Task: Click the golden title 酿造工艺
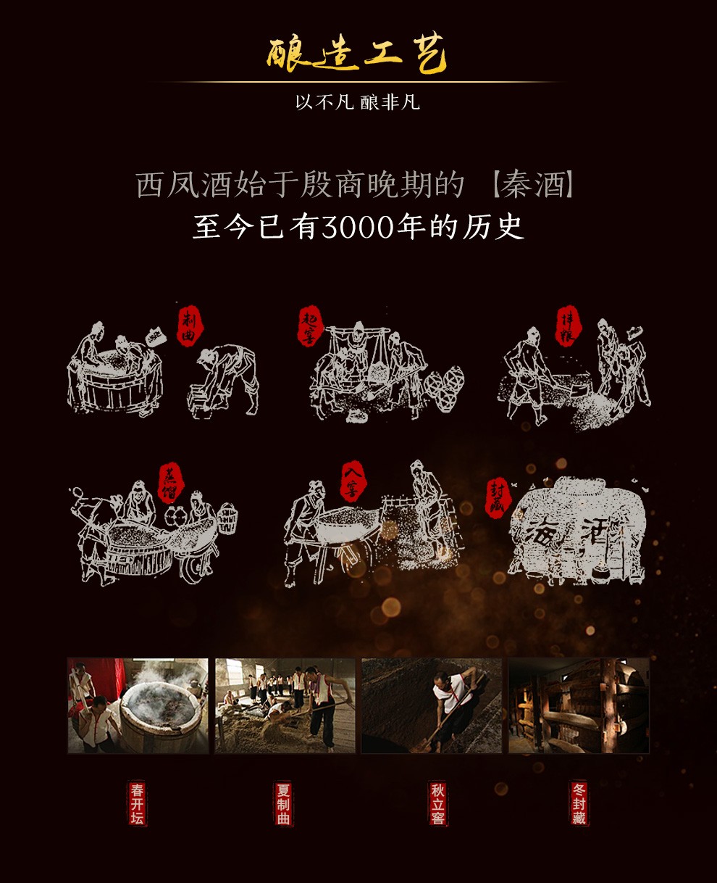pyautogui.click(x=357, y=57)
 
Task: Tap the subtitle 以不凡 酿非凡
pyautogui.click(x=357, y=102)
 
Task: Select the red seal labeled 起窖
pyautogui.click(x=309, y=326)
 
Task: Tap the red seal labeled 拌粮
pyautogui.click(x=566, y=326)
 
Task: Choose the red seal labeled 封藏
pyautogui.click(x=498, y=499)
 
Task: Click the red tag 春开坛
pyautogui.click(x=137, y=803)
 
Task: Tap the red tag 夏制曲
pyautogui.click(x=283, y=803)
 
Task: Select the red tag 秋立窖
pyautogui.click(x=437, y=803)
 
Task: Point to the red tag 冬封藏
pyautogui.click(x=579, y=803)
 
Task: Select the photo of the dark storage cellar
pyautogui.click(x=579, y=705)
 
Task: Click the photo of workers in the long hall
pyautogui.click(x=285, y=705)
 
